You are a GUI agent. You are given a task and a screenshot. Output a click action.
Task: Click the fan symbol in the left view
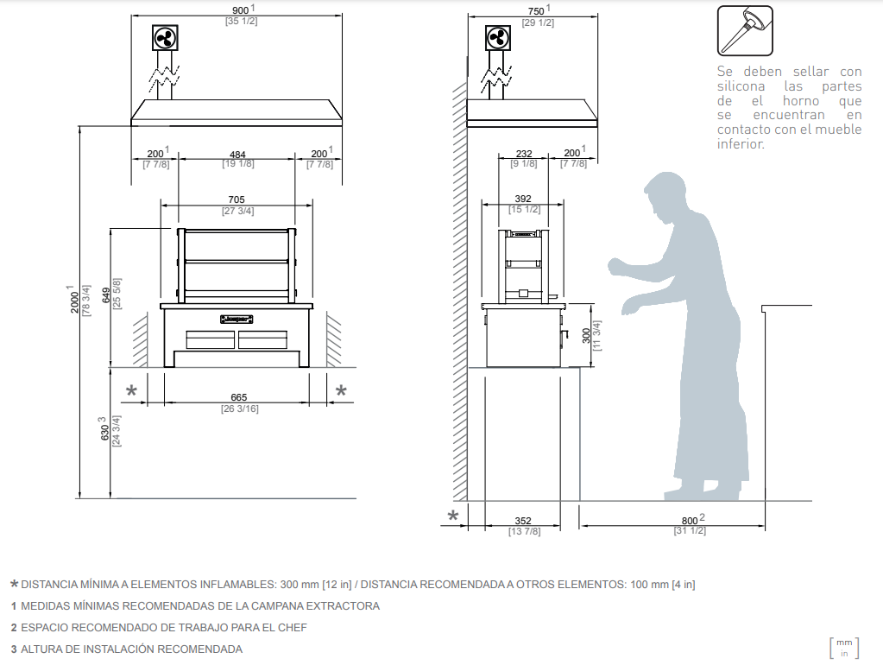click(165, 38)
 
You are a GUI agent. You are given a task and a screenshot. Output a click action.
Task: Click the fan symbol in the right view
click(498, 38)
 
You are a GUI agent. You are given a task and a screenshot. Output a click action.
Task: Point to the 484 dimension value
click(237, 154)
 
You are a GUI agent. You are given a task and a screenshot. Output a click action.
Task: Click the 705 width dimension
click(237, 199)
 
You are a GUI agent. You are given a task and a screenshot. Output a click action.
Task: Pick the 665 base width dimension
click(239, 397)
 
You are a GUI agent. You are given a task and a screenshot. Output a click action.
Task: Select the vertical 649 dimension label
click(106, 295)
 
